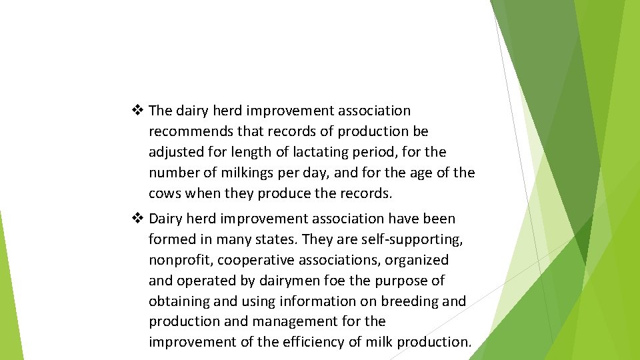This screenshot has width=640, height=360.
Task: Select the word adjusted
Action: click(175, 152)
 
